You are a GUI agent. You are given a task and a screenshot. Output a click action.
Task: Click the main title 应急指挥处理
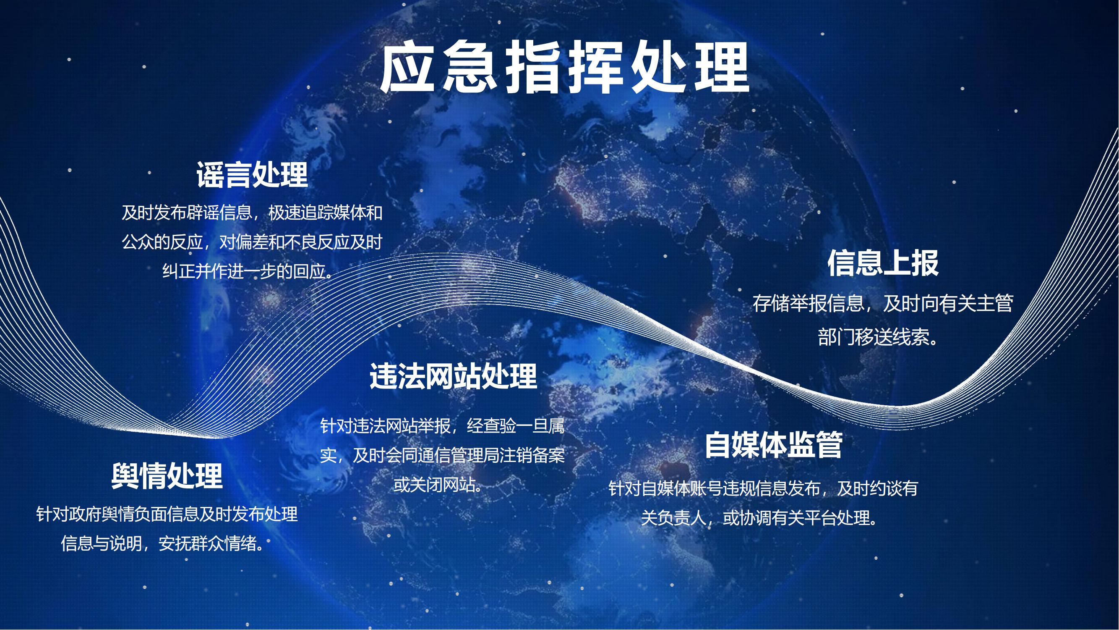[564, 67]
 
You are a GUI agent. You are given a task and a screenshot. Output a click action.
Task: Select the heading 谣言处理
[252, 175]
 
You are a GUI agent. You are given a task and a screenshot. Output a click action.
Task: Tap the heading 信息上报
[883, 263]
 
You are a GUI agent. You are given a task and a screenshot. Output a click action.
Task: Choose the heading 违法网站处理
[454, 376]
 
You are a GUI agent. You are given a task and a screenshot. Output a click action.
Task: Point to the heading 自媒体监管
[774, 445]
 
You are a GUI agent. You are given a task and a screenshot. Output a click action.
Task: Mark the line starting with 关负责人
[763, 518]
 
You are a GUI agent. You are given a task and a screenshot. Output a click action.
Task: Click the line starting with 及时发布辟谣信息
[252, 213]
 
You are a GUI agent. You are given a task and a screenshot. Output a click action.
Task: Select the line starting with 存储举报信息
[883, 303]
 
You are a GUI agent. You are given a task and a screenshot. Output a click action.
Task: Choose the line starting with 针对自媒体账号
[763, 488]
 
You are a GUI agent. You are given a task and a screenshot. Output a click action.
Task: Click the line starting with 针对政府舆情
[167, 514]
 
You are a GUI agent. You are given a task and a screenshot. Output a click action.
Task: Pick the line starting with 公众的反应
[252, 242]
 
